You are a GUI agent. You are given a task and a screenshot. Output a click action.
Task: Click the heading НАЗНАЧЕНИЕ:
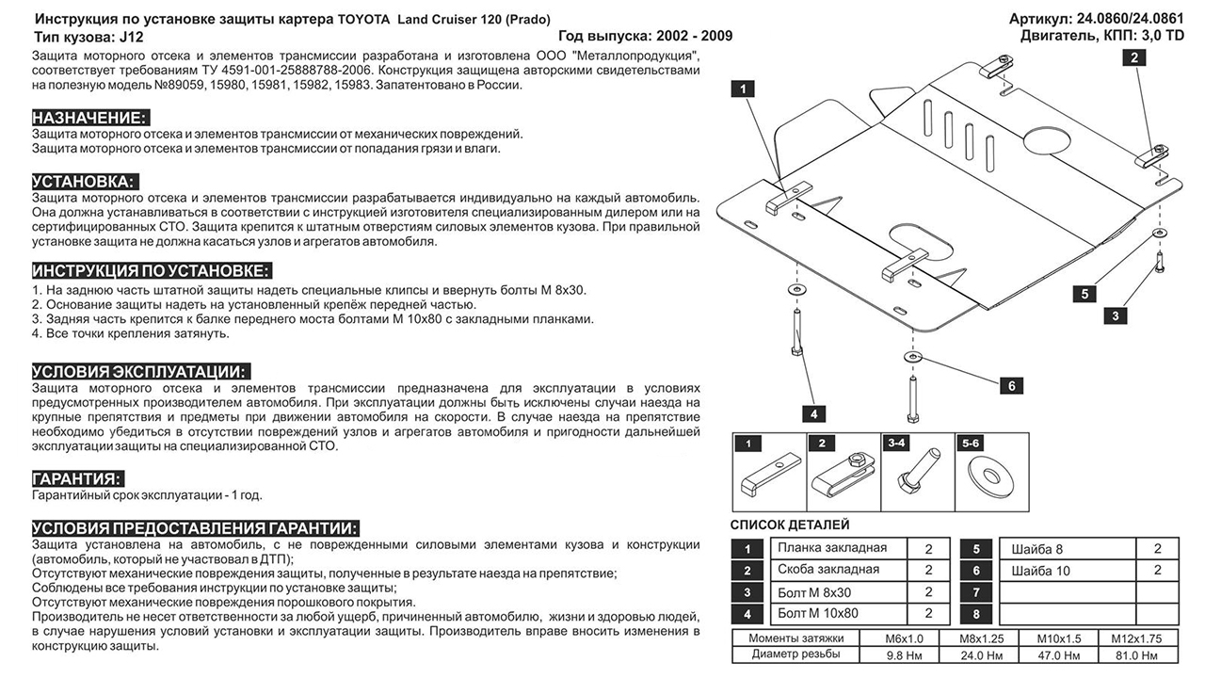(89, 118)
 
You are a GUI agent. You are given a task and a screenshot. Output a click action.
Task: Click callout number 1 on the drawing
(743, 89)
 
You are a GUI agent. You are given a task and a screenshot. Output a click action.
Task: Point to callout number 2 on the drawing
(1135, 57)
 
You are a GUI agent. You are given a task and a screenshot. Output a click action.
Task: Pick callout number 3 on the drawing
(1115, 315)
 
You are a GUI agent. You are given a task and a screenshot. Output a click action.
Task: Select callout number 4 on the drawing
(812, 412)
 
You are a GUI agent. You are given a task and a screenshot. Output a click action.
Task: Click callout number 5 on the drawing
(1084, 294)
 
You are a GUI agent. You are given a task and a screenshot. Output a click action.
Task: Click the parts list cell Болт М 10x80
(819, 613)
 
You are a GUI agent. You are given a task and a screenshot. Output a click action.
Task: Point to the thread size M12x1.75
(1130, 638)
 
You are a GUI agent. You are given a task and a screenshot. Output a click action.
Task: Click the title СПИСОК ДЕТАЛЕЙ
(790, 525)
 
